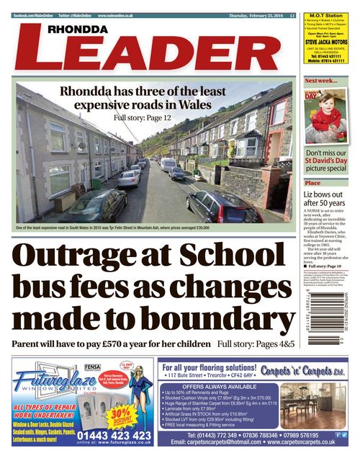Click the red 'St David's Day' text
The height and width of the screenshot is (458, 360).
(x=318, y=162)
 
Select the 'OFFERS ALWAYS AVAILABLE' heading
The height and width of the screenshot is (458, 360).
(x=216, y=386)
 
